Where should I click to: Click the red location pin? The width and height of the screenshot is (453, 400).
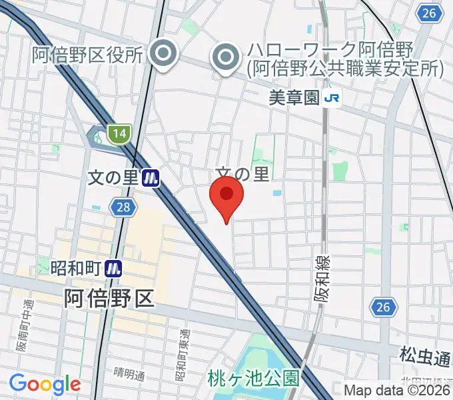(x=226, y=199)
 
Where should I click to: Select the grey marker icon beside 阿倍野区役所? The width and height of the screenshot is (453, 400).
(x=163, y=55)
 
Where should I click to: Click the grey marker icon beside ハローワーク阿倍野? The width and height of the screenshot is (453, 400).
(x=226, y=58)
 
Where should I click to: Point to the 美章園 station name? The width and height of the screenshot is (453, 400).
(x=294, y=99)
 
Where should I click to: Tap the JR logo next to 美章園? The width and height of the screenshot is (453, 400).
(x=332, y=99)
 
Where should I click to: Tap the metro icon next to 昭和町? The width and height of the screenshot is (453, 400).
(x=115, y=268)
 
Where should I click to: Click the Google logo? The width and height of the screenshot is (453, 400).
(x=45, y=384)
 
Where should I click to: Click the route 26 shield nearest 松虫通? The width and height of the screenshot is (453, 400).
(x=382, y=307)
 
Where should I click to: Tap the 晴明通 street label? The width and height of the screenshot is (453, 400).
(x=129, y=374)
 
